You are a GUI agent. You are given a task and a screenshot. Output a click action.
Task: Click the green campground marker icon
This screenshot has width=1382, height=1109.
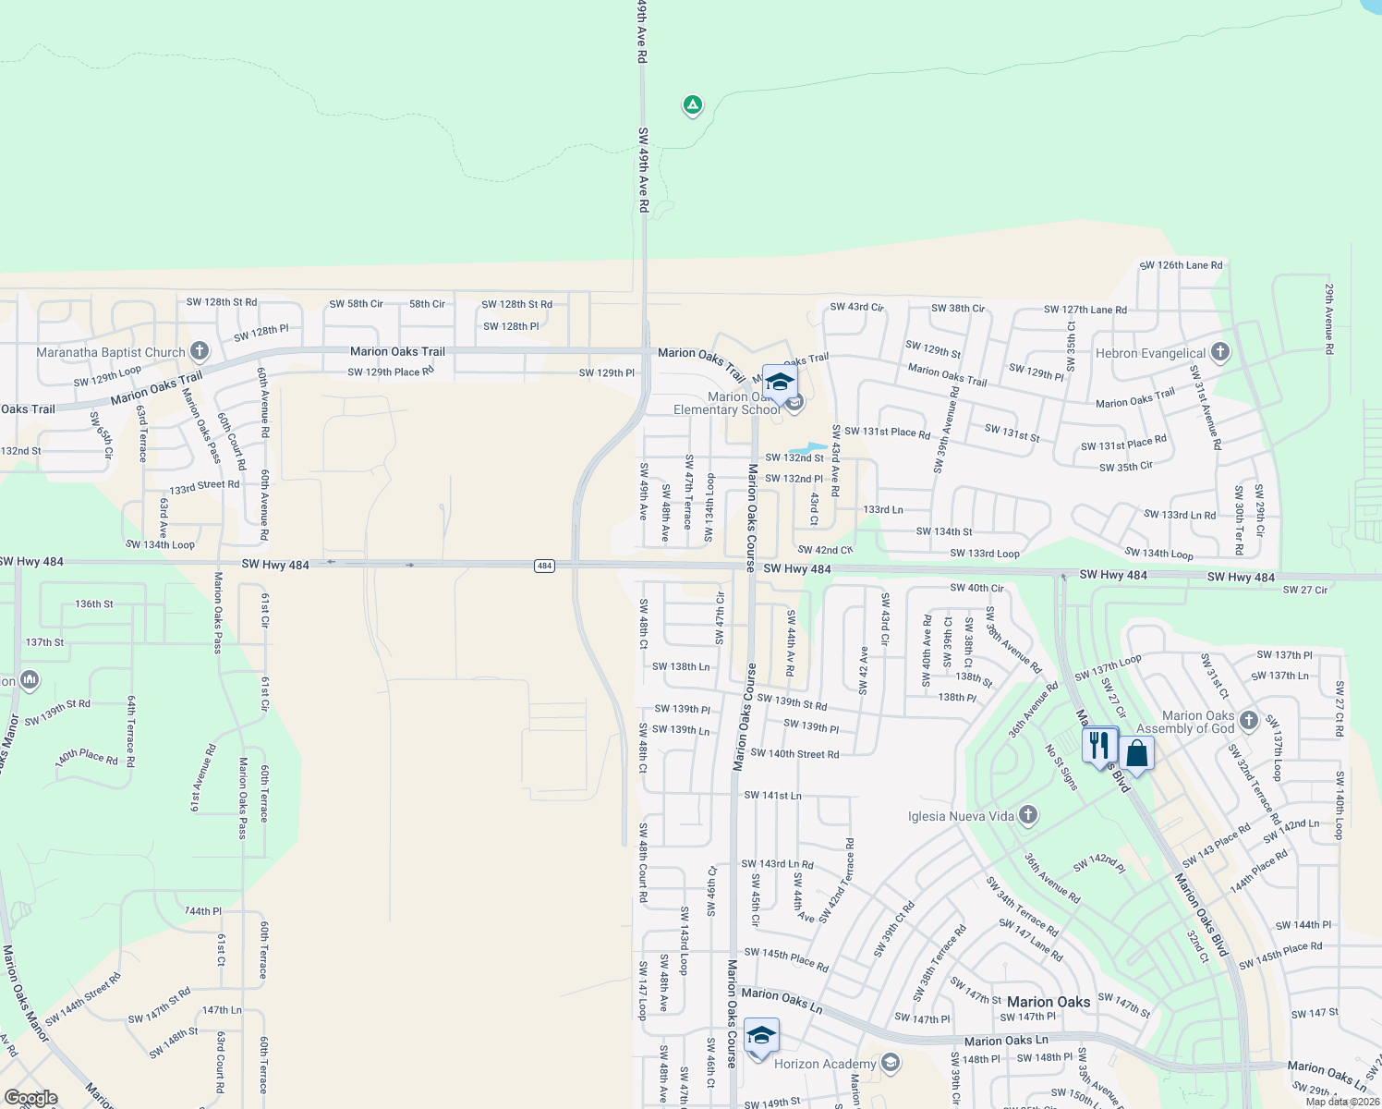click(692, 104)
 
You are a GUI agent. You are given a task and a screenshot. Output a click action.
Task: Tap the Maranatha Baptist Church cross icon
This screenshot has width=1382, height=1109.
click(200, 351)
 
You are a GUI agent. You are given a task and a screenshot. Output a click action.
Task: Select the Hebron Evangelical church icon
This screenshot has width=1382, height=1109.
click(1219, 352)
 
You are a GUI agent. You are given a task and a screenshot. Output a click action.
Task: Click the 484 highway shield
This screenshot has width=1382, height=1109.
click(544, 566)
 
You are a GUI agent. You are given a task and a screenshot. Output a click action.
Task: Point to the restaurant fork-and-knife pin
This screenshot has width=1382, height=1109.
click(1098, 744)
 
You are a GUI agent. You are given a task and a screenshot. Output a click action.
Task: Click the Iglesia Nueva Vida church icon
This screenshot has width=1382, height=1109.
click(1028, 815)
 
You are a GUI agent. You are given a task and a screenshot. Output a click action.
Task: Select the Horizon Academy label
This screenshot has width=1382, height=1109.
click(825, 1064)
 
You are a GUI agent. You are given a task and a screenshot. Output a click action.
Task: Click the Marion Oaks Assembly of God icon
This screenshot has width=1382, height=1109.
click(1248, 721)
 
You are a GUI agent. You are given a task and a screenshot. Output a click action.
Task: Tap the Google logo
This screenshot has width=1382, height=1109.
click(30, 1098)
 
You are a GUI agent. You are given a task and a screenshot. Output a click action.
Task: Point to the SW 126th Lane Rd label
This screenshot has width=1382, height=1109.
click(1181, 265)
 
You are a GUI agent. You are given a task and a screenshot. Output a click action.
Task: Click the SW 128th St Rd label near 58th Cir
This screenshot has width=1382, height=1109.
click(516, 304)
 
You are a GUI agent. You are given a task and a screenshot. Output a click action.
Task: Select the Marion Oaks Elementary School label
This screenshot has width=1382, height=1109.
click(727, 404)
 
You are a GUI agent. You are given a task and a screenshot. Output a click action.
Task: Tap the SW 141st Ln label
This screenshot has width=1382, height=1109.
click(772, 795)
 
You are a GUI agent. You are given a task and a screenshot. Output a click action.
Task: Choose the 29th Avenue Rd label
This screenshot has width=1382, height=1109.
click(1328, 319)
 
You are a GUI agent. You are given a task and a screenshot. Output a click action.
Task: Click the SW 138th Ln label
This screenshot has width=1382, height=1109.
click(681, 666)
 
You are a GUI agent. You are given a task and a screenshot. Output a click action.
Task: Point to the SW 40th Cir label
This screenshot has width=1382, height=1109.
click(976, 588)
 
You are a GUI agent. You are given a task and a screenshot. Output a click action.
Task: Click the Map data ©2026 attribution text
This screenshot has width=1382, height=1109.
click(1342, 1102)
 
